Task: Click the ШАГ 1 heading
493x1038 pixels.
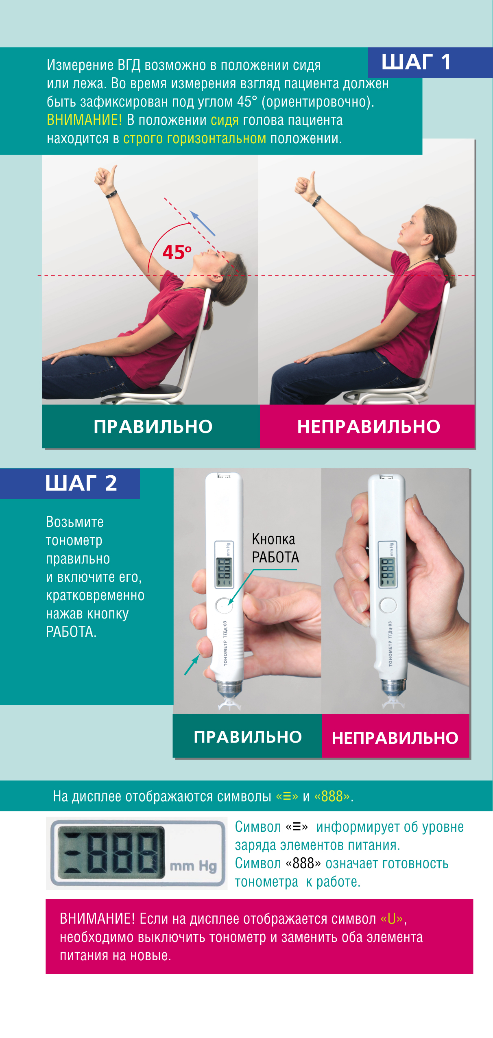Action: (x=416, y=62)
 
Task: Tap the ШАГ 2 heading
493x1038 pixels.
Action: (x=81, y=483)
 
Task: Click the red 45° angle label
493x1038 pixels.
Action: (x=177, y=252)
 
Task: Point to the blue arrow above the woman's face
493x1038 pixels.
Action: (x=202, y=223)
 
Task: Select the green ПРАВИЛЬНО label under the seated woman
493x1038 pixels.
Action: (x=153, y=426)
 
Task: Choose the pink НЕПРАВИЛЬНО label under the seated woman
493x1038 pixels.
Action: (x=369, y=426)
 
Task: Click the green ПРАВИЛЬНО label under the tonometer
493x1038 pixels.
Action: (x=248, y=737)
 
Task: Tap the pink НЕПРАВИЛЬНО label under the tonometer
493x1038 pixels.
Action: (x=395, y=738)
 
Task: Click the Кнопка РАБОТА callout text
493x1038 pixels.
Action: (x=275, y=548)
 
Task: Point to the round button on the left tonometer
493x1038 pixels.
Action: (x=223, y=605)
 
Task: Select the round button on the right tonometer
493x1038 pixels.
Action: (x=388, y=605)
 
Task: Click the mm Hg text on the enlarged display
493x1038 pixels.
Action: (x=193, y=866)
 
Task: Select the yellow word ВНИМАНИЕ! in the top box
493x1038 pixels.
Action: (x=84, y=120)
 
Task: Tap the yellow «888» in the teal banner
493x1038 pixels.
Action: (x=332, y=796)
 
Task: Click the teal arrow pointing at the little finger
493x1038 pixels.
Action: (x=192, y=664)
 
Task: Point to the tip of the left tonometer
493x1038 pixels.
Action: (x=230, y=704)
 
